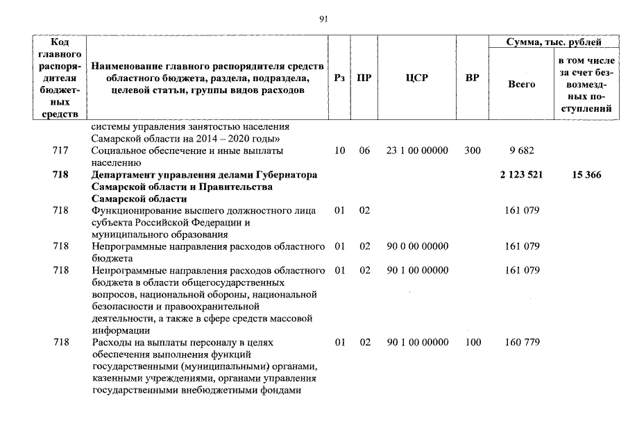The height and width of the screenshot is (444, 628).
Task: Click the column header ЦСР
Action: pos(416,78)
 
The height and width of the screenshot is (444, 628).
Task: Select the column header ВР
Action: pos(472,78)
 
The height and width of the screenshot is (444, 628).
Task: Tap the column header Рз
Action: pos(339,78)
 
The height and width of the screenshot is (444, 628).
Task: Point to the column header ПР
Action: pos(364,78)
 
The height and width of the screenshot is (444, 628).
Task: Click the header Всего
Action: pos(521,84)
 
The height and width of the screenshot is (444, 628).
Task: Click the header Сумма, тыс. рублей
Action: pos(554,43)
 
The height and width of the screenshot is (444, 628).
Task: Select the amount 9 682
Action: pos(521,151)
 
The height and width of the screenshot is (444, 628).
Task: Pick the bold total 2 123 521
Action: pos(521,176)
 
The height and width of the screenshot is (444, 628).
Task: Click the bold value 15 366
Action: pos(586,176)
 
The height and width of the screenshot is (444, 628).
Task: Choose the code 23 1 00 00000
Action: pos(416,151)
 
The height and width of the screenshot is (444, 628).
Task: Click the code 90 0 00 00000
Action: pos(416,246)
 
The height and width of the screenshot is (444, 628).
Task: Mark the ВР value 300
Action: pos(472,151)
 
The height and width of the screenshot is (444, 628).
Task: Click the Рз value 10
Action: pos(339,151)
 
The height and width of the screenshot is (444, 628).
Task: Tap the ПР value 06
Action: pos(364,151)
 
